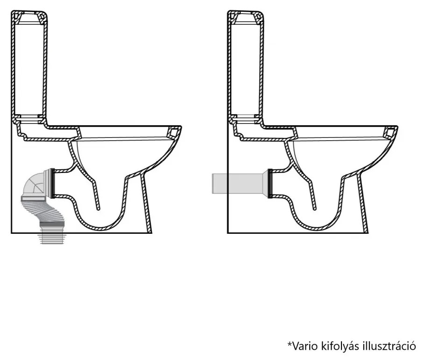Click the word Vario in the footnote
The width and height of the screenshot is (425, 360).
pos(304,346)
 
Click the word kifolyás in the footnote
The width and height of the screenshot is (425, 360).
pos(340,346)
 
